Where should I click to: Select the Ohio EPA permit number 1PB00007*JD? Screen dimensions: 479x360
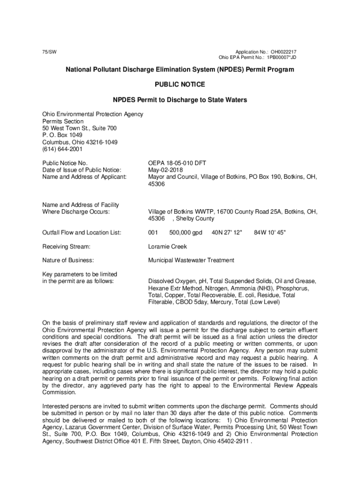[282, 58]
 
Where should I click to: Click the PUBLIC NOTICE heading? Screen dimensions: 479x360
[180, 85]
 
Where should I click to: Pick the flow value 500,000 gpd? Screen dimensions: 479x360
[186, 232]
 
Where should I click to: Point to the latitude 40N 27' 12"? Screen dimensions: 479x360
[227, 232]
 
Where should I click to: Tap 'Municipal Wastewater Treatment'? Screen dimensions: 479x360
[191, 260]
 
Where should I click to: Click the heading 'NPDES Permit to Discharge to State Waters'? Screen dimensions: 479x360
[180, 100]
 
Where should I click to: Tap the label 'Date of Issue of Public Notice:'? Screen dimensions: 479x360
[82, 170]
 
